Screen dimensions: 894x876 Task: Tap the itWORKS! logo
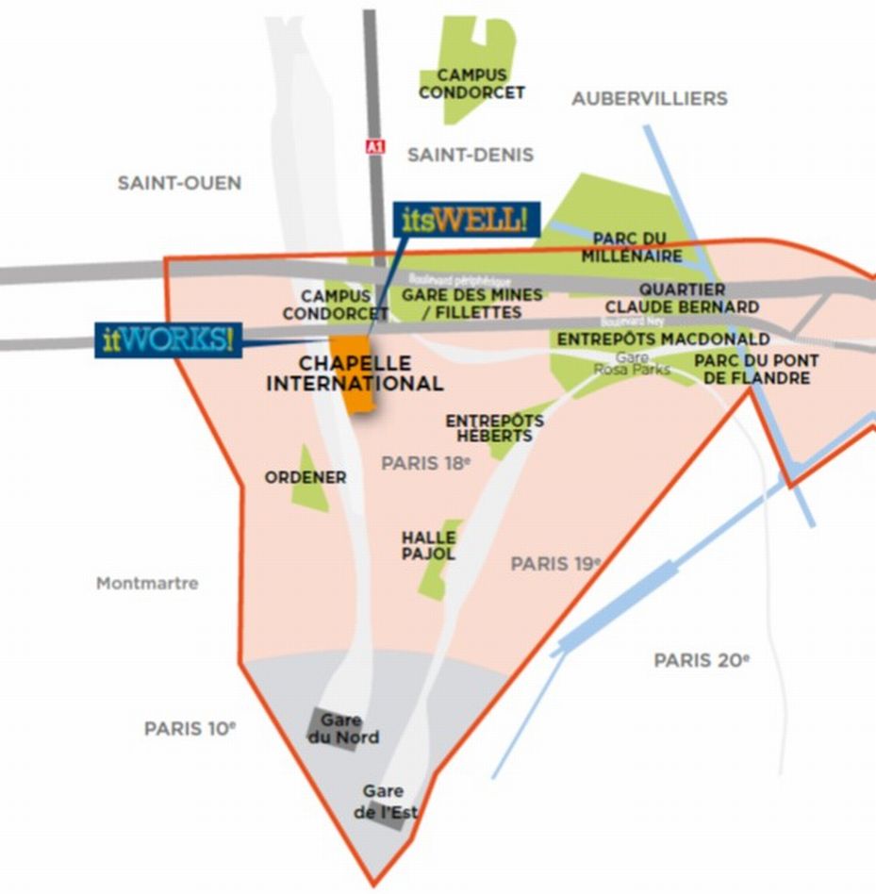click(168, 339)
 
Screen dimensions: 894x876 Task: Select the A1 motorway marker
click(375, 148)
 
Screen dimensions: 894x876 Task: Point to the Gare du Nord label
click(343, 729)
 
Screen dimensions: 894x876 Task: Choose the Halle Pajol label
click(428, 546)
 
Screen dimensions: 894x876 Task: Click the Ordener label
click(305, 478)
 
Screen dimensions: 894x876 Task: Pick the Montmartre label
click(147, 584)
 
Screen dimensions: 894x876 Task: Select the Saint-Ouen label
click(179, 183)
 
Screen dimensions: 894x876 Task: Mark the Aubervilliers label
click(650, 98)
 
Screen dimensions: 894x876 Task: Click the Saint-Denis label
click(471, 155)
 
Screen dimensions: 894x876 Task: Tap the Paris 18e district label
click(425, 463)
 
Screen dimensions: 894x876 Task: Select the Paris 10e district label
click(190, 729)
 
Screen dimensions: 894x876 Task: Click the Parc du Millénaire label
click(632, 247)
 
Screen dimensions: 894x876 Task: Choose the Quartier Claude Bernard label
click(682, 298)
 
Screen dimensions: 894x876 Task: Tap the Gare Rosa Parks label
click(631, 364)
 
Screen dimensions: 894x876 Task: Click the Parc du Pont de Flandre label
click(756, 370)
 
